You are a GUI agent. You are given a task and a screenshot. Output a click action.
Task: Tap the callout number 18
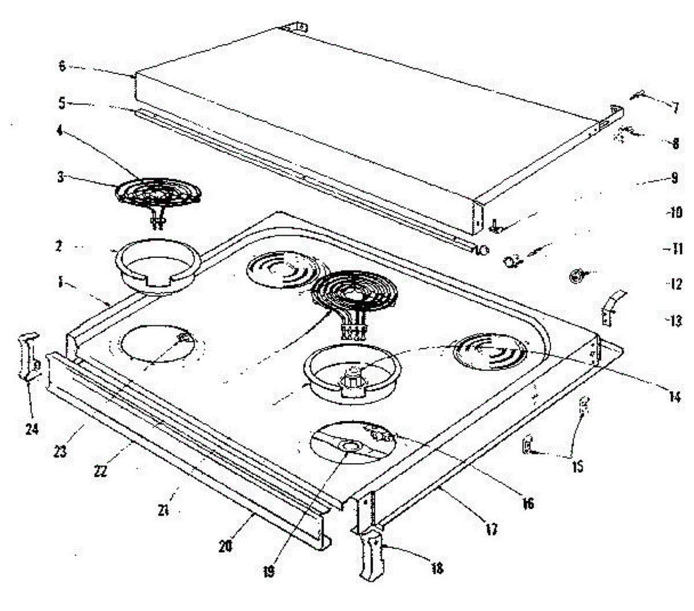437,568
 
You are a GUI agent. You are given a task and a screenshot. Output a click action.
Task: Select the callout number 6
62,66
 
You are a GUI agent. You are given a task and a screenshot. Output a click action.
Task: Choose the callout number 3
61,177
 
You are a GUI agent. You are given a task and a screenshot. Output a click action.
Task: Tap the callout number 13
675,320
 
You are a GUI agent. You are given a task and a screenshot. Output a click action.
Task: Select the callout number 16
527,504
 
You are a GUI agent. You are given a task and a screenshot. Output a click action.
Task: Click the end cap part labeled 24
28,356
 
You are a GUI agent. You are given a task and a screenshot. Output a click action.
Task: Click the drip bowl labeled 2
156,266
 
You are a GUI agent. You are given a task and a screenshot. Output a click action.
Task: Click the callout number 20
226,545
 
